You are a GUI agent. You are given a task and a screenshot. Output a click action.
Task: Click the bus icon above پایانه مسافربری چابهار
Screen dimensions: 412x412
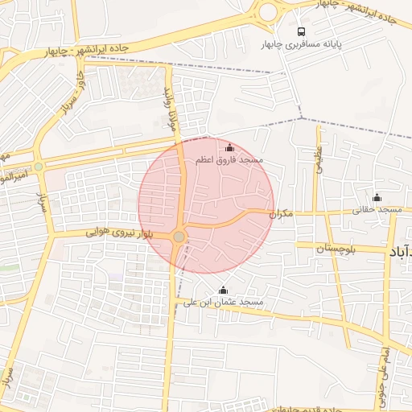(x=301, y=31)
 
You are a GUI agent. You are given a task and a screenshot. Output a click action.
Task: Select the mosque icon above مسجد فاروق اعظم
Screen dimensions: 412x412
(x=230, y=148)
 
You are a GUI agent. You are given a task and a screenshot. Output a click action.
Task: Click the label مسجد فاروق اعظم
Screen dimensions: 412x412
(x=230, y=161)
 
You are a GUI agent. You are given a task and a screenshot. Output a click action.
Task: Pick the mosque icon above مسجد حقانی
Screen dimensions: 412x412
(x=377, y=198)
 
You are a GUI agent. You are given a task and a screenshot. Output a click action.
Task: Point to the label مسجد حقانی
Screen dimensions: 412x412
(x=377, y=210)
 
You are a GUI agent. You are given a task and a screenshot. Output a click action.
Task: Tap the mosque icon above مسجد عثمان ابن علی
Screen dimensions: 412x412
(x=223, y=290)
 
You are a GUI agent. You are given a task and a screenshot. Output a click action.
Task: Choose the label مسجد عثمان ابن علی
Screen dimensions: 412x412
(x=223, y=303)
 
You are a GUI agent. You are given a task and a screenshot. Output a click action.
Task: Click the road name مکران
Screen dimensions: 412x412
(x=278, y=214)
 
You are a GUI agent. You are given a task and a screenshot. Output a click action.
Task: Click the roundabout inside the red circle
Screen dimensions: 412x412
(x=179, y=236)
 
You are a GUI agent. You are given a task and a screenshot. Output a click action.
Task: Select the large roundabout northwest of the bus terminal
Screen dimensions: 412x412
(x=266, y=11)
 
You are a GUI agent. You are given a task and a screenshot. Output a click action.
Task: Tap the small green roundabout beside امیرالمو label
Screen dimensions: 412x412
(x=38, y=167)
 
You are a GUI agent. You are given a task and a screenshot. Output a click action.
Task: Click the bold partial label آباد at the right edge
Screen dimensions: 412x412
(x=400, y=253)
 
